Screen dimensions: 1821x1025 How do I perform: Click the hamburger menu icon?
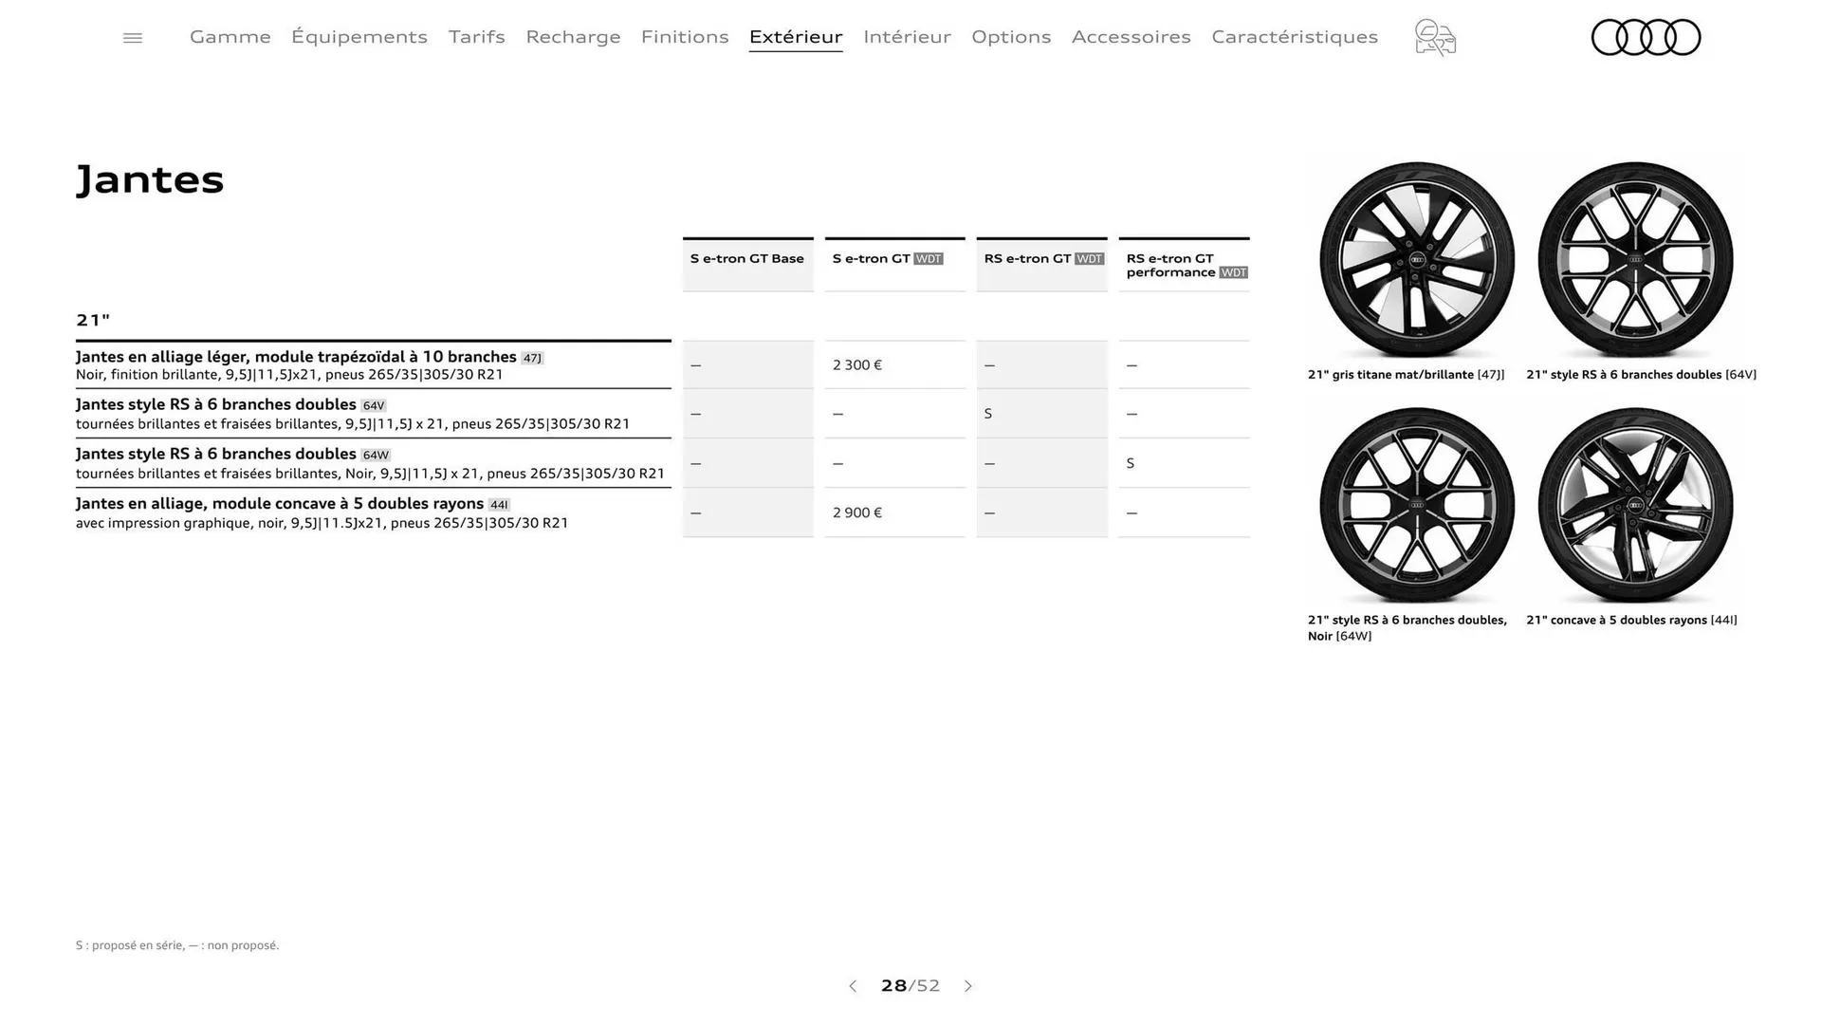tap(133, 38)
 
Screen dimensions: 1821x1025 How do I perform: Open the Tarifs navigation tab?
tap(476, 37)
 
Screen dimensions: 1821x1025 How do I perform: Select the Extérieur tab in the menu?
tap(796, 37)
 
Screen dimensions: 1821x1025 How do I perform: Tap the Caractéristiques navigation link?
tap(1294, 37)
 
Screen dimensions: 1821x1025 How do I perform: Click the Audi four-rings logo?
tap(1646, 38)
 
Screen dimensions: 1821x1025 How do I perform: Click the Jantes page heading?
tap(150, 179)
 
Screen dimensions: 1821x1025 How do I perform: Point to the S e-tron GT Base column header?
tap(747, 259)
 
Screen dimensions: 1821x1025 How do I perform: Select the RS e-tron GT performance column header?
tap(1184, 265)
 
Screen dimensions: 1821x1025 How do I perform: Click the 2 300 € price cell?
tap(857, 365)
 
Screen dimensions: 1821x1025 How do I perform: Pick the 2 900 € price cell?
tap(857, 513)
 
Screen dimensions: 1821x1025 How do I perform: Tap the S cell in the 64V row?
tap(988, 414)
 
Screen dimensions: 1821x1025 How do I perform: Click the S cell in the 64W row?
tap(1131, 464)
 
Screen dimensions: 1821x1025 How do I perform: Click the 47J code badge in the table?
tap(532, 359)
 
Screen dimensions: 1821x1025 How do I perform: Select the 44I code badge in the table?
tap(499, 505)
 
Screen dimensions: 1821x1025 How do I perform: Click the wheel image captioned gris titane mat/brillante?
tap(1416, 260)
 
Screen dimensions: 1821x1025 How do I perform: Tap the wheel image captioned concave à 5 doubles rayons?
tap(1635, 505)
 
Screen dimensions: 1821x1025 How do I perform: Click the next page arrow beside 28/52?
tap(968, 986)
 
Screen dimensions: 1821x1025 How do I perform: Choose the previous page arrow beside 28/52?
tap(853, 986)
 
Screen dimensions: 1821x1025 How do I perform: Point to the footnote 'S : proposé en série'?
tap(177, 945)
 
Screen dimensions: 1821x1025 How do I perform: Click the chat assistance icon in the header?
tap(1435, 38)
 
